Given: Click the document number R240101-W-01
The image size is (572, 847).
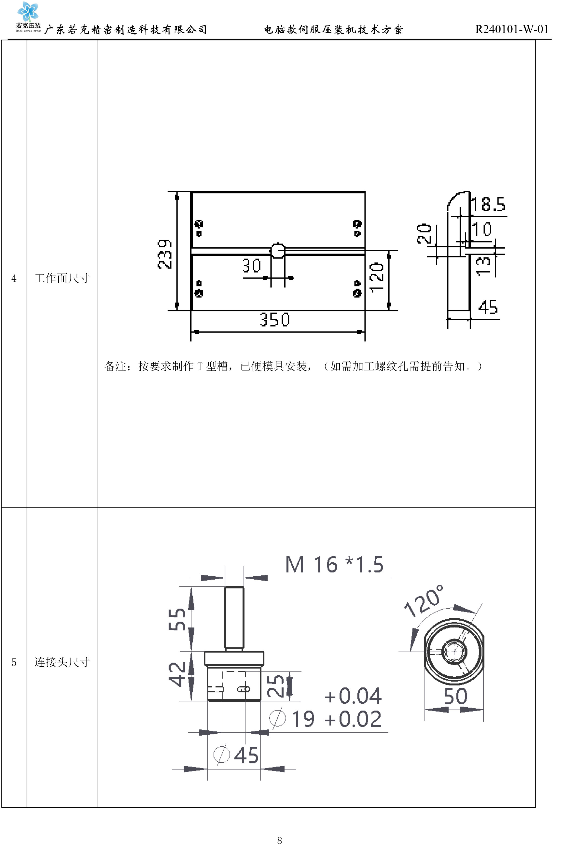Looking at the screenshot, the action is click(512, 29).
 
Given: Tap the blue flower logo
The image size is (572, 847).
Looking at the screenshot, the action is click(28, 11).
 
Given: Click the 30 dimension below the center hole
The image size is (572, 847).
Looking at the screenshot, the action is click(252, 266).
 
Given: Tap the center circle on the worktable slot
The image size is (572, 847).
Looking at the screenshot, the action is click(278, 250).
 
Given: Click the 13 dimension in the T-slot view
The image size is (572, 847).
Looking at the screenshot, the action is click(483, 266).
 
